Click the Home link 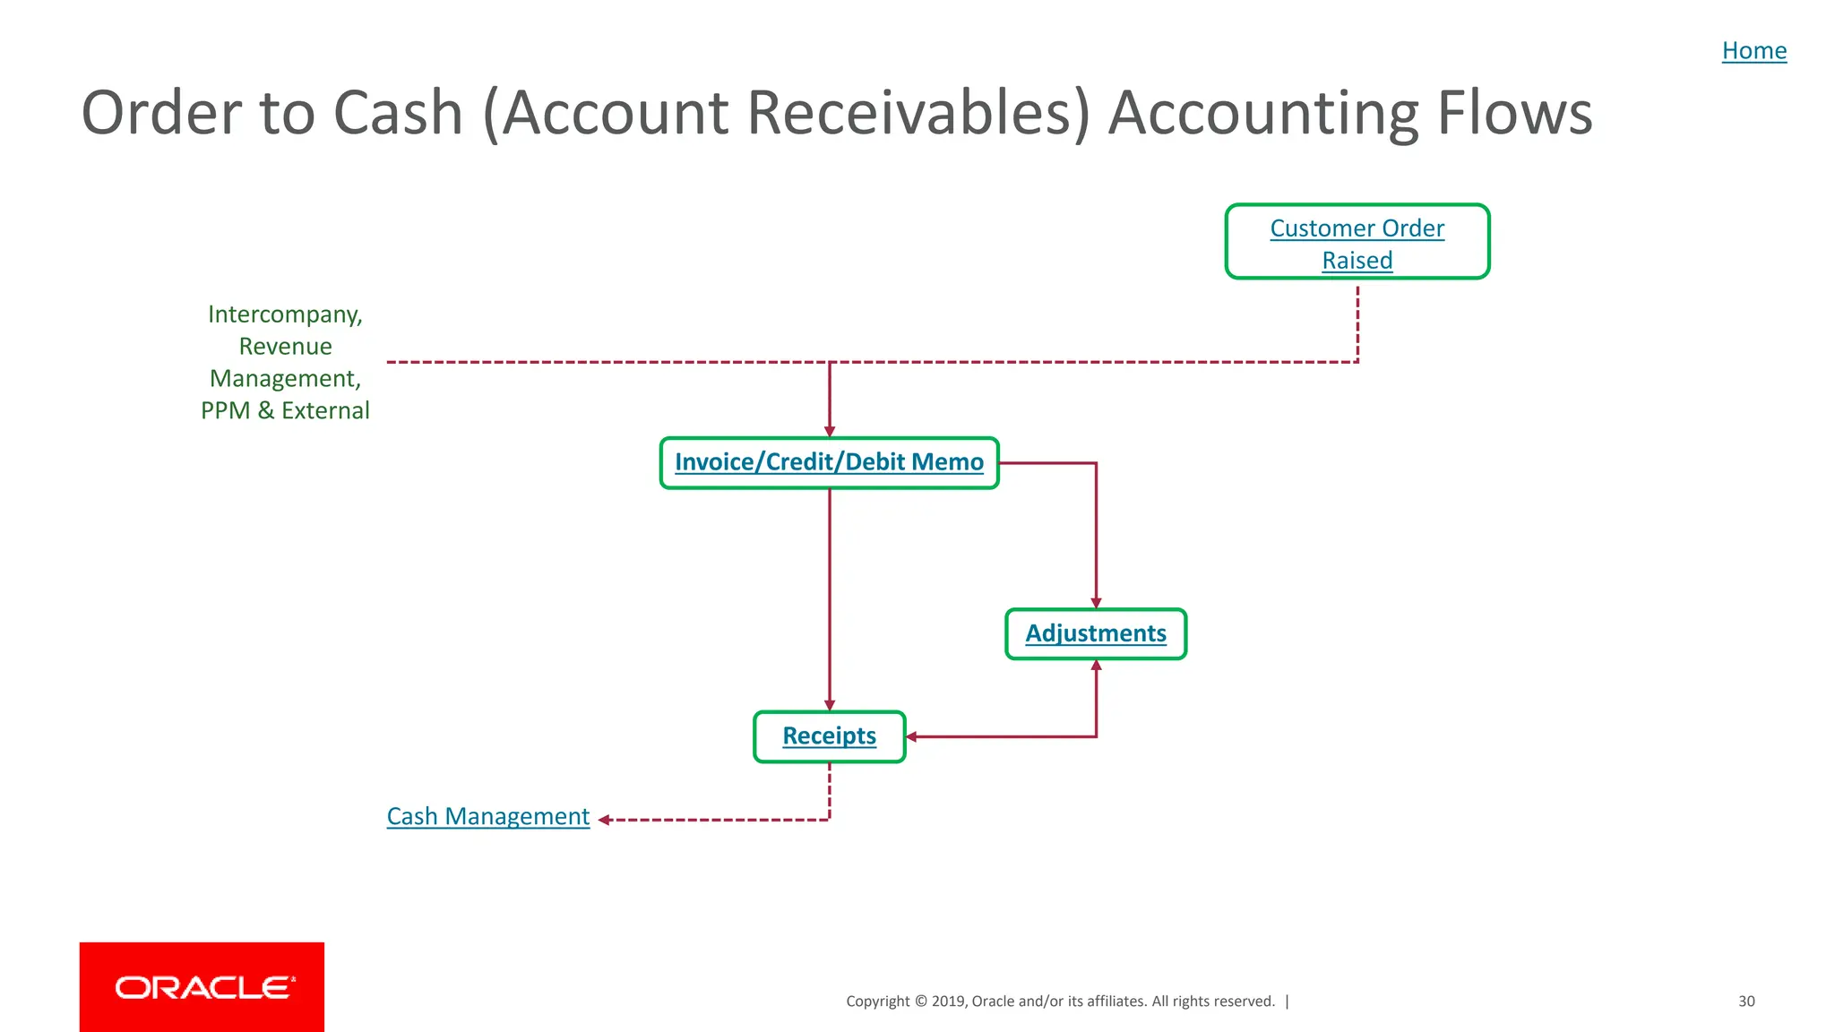tap(1753, 51)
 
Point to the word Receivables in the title tap(919, 113)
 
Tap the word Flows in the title tap(1514, 113)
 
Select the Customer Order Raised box tap(1357, 243)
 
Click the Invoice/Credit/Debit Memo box tap(829, 462)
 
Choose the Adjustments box tap(1095, 633)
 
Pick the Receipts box tap(829, 736)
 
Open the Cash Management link tap(487, 816)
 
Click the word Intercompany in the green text tap(285, 314)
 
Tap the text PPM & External tap(285, 410)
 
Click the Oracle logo tap(202, 986)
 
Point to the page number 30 tap(1746, 1002)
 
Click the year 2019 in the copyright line tap(948, 1002)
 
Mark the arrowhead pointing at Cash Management tap(604, 820)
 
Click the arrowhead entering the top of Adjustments tap(1096, 603)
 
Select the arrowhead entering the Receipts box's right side tap(911, 737)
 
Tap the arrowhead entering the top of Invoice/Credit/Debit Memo tap(830, 432)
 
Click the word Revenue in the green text tap(285, 347)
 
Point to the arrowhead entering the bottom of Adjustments tap(1096, 666)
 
